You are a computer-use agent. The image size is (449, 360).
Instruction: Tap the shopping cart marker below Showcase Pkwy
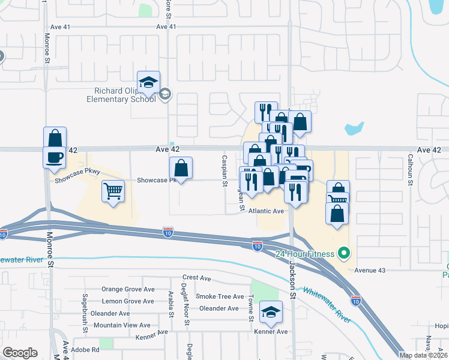(x=113, y=192)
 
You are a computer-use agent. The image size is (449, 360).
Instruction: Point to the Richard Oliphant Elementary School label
(x=125, y=95)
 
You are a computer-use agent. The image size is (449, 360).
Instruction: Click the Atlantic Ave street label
(x=266, y=211)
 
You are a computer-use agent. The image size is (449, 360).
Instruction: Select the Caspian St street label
(x=224, y=170)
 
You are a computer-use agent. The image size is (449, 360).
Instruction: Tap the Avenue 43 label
(x=370, y=271)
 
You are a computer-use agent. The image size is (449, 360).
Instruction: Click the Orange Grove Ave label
(x=127, y=289)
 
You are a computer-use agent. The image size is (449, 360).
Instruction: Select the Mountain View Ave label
(x=122, y=325)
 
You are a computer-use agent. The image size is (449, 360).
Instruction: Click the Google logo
(x=20, y=353)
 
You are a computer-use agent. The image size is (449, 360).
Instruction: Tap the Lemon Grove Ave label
(x=128, y=301)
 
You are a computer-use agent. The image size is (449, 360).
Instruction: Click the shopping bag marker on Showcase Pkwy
(x=181, y=169)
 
